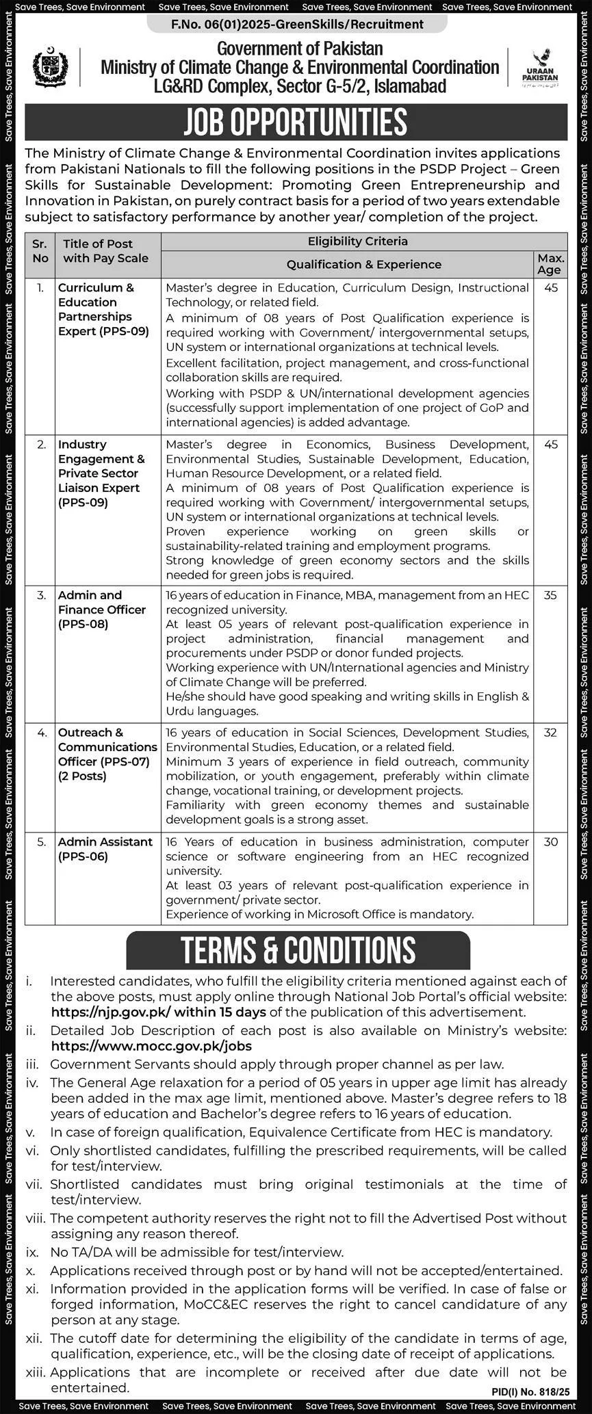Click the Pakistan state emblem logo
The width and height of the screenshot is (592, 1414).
tap(50, 67)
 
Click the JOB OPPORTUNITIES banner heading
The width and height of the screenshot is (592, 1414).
tap(296, 122)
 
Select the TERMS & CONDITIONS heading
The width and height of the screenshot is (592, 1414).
tap(298, 950)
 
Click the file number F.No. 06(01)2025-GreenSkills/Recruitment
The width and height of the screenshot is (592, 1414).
tap(297, 25)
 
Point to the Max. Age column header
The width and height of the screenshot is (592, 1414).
tap(551, 264)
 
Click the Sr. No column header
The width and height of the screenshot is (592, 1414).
tap(40, 251)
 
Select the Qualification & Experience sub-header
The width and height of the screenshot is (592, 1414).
tap(363, 265)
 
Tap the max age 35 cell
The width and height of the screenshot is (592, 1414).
tap(550, 596)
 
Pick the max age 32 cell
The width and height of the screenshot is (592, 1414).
tap(550, 733)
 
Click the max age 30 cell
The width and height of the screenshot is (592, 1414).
tap(550, 842)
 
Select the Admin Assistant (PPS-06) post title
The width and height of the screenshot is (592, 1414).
tap(105, 849)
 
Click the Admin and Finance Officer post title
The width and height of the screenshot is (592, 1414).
tap(102, 610)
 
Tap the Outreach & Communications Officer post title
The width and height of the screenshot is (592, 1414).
tap(107, 754)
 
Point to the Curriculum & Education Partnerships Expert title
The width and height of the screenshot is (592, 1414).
tap(103, 309)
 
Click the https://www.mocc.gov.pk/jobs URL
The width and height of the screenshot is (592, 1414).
tap(151, 1046)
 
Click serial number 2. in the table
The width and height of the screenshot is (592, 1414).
tap(42, 445)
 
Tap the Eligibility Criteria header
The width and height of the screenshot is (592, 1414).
tap(357, 241)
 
